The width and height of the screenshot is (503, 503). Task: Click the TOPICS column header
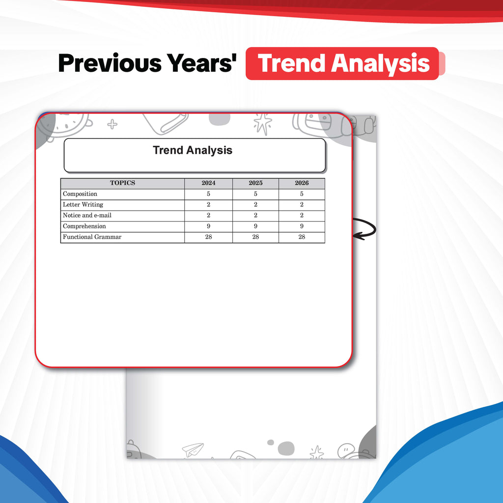pyautogui.click(x=122, y=183)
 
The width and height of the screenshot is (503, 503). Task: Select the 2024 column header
pyautogui.click(x=208, y=183)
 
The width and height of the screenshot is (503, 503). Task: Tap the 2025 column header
pyautogui.click(x=255, y=183)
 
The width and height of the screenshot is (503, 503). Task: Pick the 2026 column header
pyautogui.click(x=302, y=183)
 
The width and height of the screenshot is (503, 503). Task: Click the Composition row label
pyautogui.click(x=80, y=194)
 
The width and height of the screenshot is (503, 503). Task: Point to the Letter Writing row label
pyautogui.click(x=83, y=205)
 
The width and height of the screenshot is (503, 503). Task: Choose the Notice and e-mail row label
pyautogui.click(x=87, y=215)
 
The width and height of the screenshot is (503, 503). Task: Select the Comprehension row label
pyautogui.click(x=84, y=226)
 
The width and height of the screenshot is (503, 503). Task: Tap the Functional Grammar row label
pyautogui.click(x=92, y=237)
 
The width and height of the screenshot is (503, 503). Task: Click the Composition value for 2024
pyautogui.click(x=208, y=194)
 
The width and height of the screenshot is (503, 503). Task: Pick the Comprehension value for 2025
pyautogui.click(x=255, y=226)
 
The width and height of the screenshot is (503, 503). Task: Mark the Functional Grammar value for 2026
pyautogui.click(x=302, y=237)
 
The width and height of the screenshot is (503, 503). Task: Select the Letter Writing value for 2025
pyautogui.click(x=255, y=204)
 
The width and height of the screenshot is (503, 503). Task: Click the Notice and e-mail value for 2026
pyautogui.click(x=302, y=215)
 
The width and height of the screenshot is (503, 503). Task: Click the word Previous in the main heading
pyautogui.click(x=110, y=63)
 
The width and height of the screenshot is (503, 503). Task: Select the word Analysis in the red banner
pyautogui.click(x=380, y=64)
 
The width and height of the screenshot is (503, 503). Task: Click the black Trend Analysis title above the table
pyautogui.click(x=193, y=150)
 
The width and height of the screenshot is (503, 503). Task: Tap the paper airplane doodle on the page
pyautogui.click(x=193, y=449)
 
